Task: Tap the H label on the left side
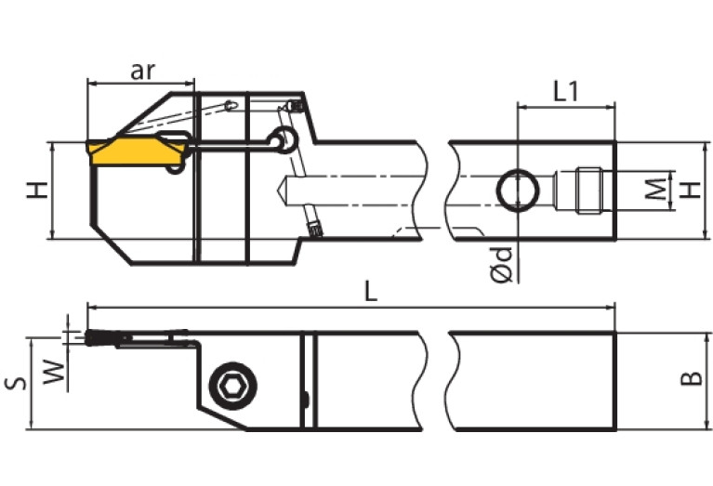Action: coord(36,190)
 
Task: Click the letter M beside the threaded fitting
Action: coord(656,190)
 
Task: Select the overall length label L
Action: coord(370,292)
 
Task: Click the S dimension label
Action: coord(16,383)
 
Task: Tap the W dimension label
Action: coord(55,374)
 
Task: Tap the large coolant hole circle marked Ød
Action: coord(516,190)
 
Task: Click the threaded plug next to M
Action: coord(586,190)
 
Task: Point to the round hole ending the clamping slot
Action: coord(282,139)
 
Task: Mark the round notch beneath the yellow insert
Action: coord(174,168)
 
